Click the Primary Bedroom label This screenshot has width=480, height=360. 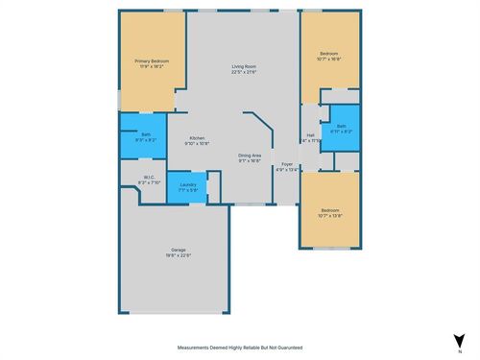(x=149, y=61)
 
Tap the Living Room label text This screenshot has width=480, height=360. (x=243, y=66)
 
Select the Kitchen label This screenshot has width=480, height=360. (x=197, y=137)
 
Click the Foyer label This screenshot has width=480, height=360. (x=287, y=164)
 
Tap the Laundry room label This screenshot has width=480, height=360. (x=187, y=184)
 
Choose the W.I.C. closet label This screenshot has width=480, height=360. (x=149, y=177)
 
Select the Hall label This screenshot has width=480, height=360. (x=310, y=135)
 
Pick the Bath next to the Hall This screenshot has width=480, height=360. (x=340, y=125)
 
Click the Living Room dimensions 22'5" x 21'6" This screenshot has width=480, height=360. (x=243, y=72)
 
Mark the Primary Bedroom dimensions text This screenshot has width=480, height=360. (x=149, y=67)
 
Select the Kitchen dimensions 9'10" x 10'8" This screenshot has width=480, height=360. (x=197, y=143)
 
